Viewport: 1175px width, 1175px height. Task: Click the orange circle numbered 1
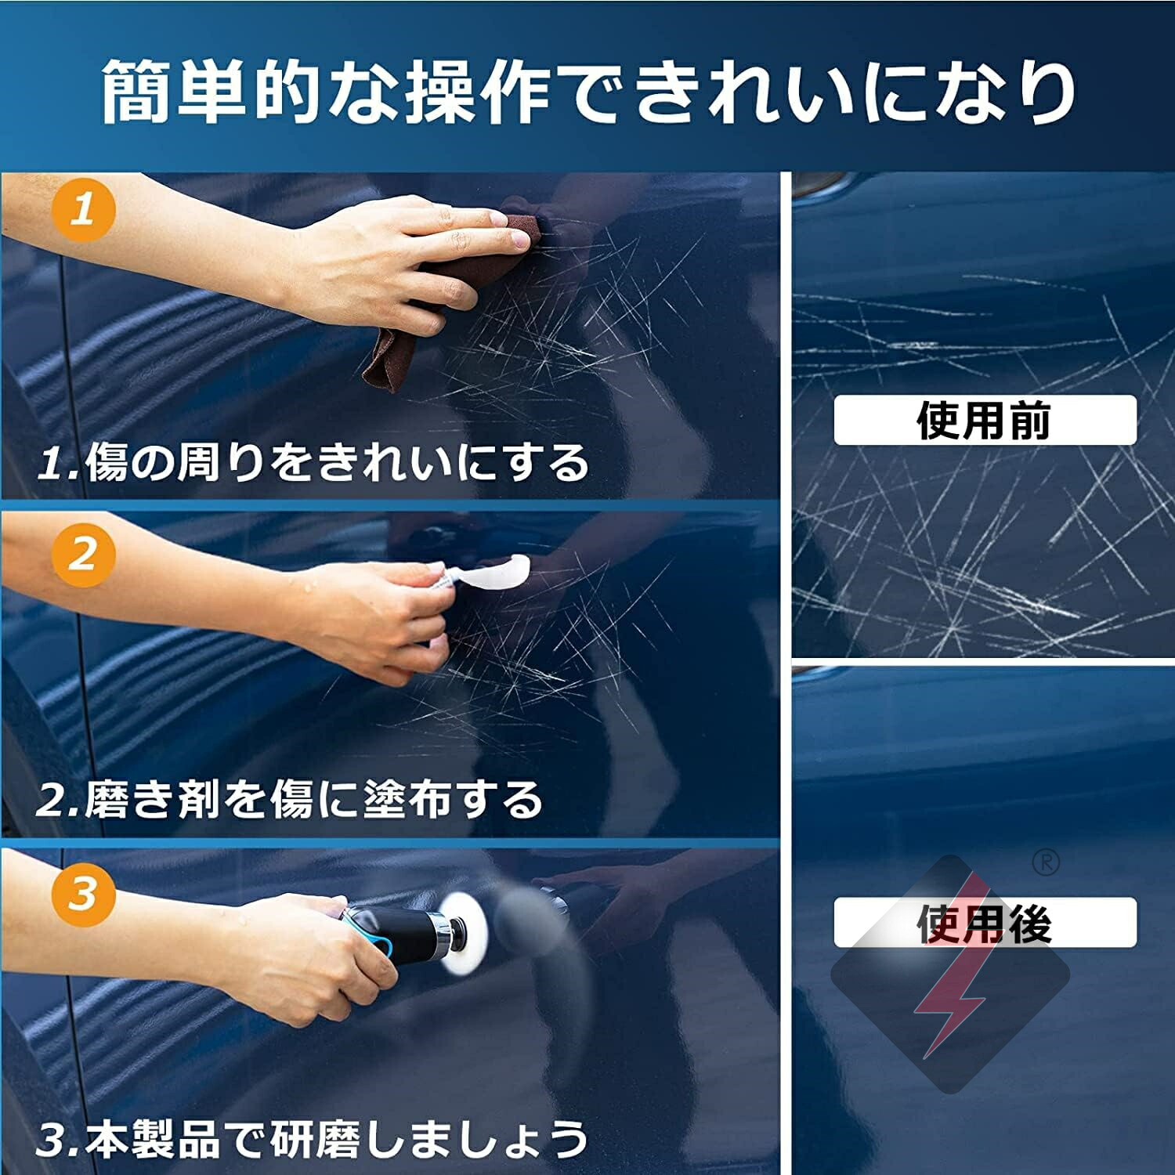coord(83,210)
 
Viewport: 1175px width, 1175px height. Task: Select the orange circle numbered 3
coord(83,894)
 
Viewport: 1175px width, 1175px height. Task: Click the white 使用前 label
coord(985,421)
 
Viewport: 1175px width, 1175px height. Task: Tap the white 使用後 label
coord(985,923)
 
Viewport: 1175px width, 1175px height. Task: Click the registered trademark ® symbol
coord(1046,862)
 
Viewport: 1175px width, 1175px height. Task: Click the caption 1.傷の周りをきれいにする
coord(313,462)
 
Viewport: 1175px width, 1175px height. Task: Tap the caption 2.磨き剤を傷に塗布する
coord(290,800)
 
